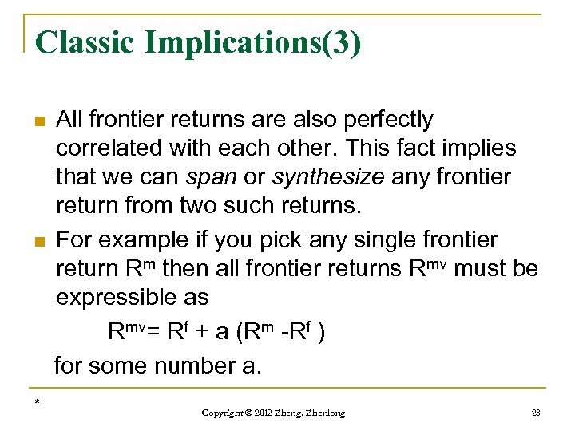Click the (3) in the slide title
tap(341, 42)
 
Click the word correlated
tap(103, 148)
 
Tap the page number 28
tap(536, 412)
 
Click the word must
tap(480, 269)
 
